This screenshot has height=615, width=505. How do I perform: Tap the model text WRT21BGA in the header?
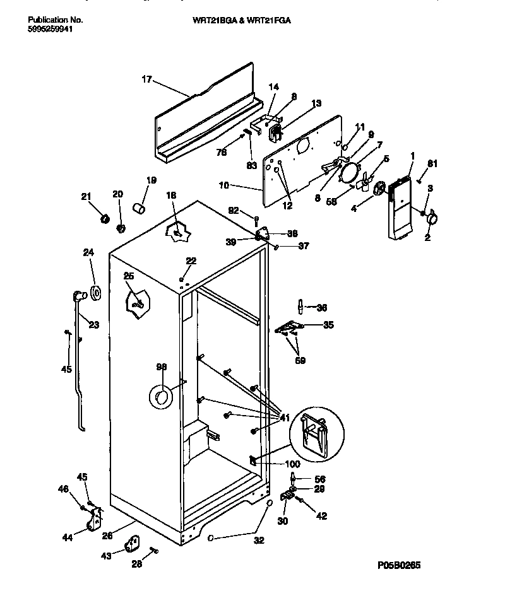pos(213,20)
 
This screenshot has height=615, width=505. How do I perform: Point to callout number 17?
pos(146,79)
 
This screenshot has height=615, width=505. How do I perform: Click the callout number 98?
pos(162,367)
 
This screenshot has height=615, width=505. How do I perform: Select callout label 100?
pos(292,464)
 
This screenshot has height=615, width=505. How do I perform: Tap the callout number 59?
pos(300,361)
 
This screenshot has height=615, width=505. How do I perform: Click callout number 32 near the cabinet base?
pos(259,540)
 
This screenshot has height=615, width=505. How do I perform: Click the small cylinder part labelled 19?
pos(139,208)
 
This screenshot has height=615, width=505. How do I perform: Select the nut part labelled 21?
pos(105,218)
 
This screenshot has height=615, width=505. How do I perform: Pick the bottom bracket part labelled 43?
pos(133,542)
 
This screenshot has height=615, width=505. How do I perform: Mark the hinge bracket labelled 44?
pos(94,521)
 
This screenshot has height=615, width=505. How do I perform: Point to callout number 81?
pos(432,164)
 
